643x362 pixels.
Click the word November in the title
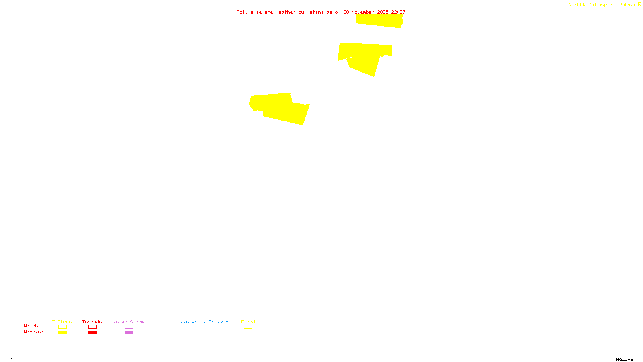coord(363,12)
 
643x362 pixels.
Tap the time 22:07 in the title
coord(398,12)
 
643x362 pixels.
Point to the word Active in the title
coord(245,12)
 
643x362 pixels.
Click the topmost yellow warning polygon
coord(379,21)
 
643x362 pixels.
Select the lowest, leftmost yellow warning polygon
coord(279,108)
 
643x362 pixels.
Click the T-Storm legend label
coord(62,322)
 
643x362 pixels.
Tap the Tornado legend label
coord(92,322)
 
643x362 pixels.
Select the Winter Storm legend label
coord(127,322)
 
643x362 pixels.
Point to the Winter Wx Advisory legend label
coord(206,322)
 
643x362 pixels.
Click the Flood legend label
coord(248,322)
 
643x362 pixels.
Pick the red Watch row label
coord(31,326)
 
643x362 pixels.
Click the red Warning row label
coord(34,332)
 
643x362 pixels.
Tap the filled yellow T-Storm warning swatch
coord(62,333)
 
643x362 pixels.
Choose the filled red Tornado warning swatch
coord(92,333)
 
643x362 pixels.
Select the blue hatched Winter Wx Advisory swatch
coord(205,333)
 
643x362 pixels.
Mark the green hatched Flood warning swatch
coord(248,333)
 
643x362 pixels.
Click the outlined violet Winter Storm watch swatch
coord(129,327)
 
